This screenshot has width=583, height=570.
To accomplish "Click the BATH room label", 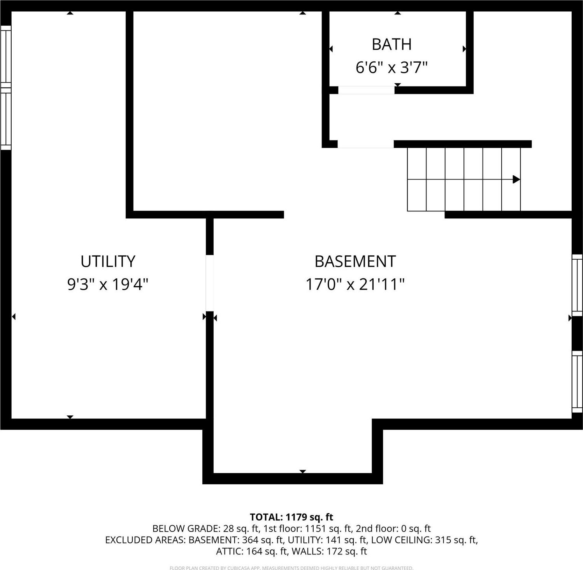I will pyautogui.click(x=392, y=44).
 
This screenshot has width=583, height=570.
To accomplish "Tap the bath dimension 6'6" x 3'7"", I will pyautogui.click(x=392, y=67).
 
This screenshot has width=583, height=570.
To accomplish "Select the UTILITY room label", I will pyautogui.click(x=108, y=261).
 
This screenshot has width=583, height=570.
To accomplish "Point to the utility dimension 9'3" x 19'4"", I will pyautogui.click(x=108, y=284).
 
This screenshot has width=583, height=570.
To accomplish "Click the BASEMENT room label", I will pyautogui.click(x=355, y=261).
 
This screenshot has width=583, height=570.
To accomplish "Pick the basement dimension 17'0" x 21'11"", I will pyautogui.click(x=355, y=284).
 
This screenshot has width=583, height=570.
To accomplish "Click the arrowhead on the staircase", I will pyautogui.click(x=516, y=179).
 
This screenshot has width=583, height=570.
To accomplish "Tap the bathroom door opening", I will pyautogui.click(x=366, y=90).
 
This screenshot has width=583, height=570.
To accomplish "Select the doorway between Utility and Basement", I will pyautogui.click(x=210, y=283).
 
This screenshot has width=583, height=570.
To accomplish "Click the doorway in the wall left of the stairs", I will pyautogui.click(x=365, y=144).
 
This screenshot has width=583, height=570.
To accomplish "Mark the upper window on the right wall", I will pyautogui.click(x=577, y=285).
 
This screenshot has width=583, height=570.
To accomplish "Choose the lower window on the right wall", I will pyautogui.click(x=577, y=382).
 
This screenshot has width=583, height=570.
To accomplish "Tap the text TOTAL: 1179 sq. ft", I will pyautogui.click(x=291, y=517).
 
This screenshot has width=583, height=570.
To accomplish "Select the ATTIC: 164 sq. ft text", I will pyautogui.click(x=251, y=551).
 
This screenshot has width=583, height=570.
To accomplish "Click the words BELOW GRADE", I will pyautogui.click(x=186, y=528).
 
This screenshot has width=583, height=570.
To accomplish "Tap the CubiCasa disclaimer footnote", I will pyautogui.click(x=291, y=568).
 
